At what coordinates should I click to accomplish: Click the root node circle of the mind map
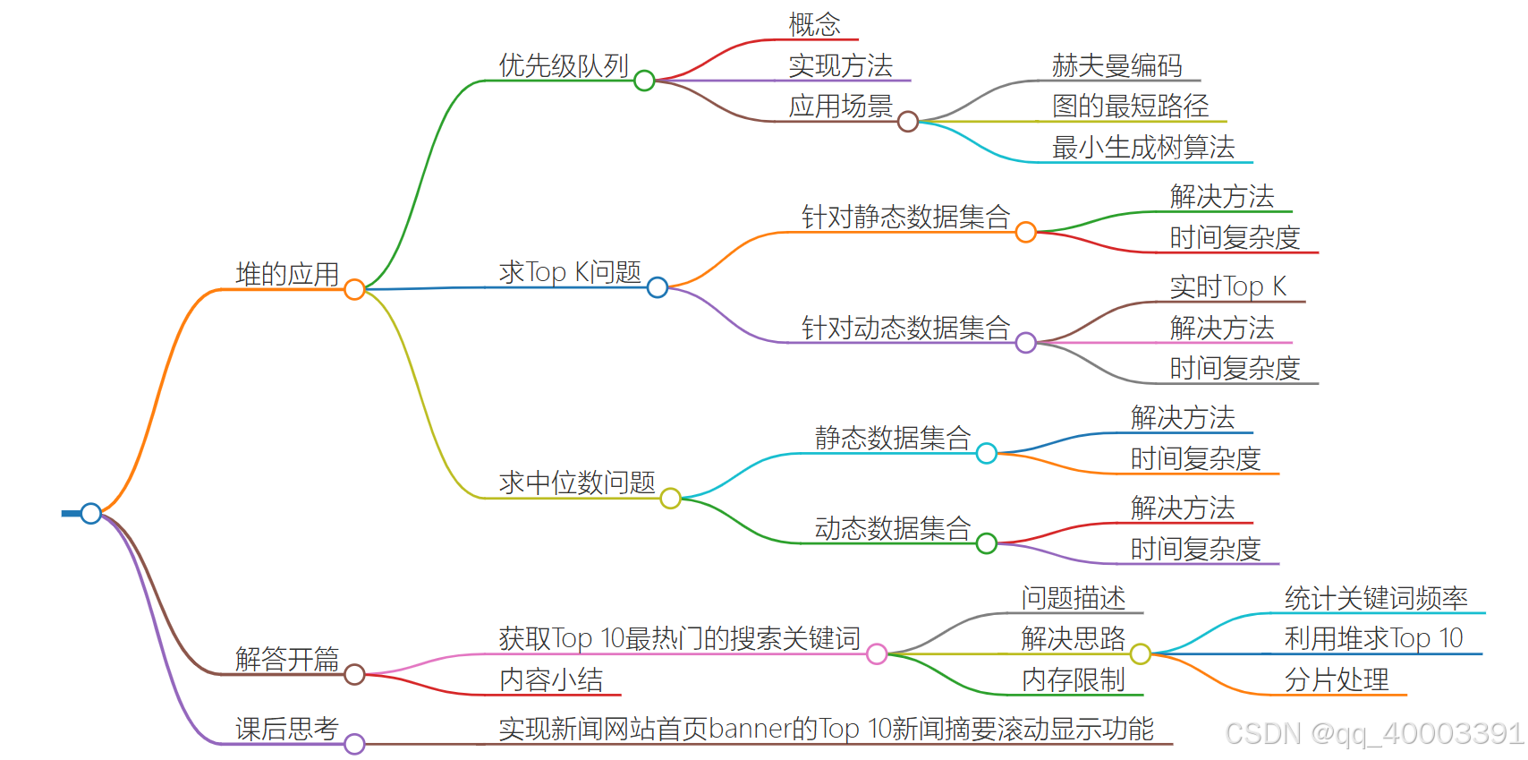(90, 513)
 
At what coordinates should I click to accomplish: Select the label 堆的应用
(287, 274)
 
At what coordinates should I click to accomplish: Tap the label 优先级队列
(564, 65)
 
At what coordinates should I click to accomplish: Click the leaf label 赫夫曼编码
(1116, 65)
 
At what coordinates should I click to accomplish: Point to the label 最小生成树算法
(1143, 147)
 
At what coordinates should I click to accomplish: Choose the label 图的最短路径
(1130, 106)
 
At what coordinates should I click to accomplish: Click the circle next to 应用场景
(907, 122)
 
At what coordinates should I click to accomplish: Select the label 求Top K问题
(570, 272)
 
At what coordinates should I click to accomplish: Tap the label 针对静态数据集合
(905, 217)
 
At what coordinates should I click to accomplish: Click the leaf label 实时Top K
(1227, 286)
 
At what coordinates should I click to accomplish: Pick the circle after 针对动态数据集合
(1026, 343)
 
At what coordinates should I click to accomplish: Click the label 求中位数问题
(577, 482)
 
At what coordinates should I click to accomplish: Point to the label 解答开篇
(287, 659)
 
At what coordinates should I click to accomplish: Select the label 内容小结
(551, 679)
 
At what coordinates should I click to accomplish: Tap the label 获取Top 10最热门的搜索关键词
(679, 638)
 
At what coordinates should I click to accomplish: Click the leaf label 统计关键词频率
(1376, 598)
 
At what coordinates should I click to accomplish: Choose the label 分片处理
(1337, 679)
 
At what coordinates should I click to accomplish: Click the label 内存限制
(1073, 679)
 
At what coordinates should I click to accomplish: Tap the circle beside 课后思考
(354, 744)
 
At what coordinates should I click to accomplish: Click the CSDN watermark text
(1373, 734)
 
